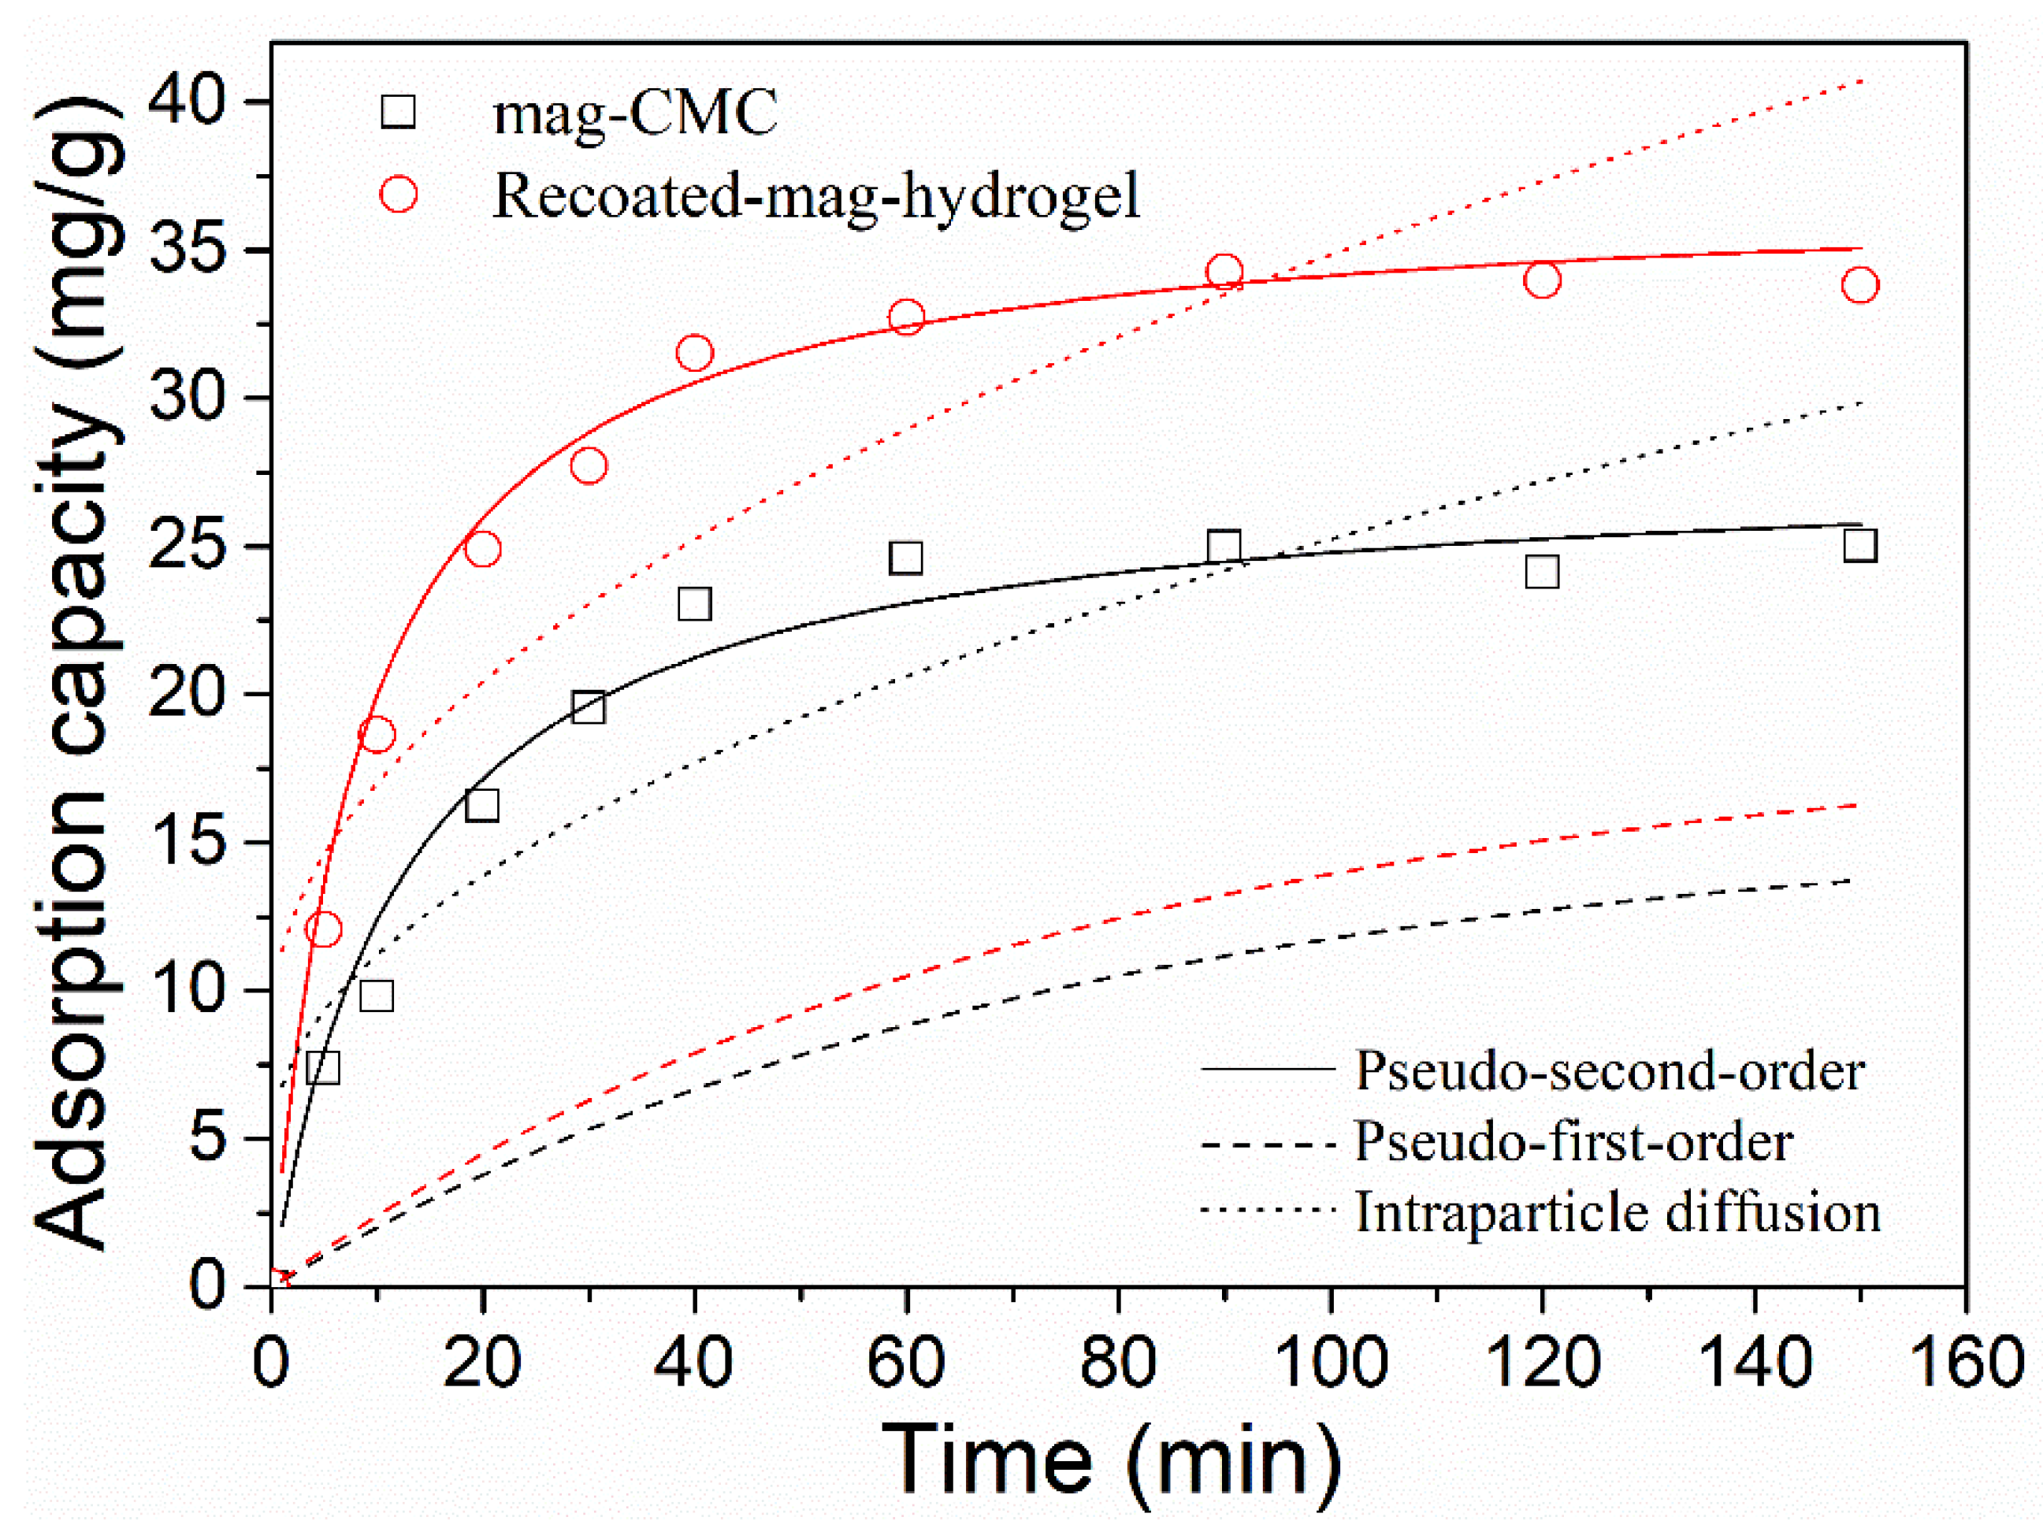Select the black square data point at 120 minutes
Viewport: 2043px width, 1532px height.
point(1541,572)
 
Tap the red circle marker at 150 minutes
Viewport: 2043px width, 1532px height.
point(1859,284)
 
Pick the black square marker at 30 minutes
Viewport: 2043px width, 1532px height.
point(589,707)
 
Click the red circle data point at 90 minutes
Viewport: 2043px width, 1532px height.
point(1224,273)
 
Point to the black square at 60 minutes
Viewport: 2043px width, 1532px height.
point(906,558)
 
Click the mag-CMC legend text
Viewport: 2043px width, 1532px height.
point(636,113)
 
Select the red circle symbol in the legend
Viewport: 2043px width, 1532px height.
point(398,194)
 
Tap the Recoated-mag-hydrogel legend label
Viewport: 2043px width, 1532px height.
point(816,196)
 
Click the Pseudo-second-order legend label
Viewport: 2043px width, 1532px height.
point(1609,1071)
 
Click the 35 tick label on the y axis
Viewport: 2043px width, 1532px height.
point(187,250)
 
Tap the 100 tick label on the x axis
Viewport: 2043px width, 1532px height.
point(1330,1363)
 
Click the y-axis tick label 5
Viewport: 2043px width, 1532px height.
point(207,1137)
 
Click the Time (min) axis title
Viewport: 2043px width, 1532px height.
point(1112,1461)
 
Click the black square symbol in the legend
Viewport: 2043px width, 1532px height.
point(398,112)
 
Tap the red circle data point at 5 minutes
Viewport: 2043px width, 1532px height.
point(323,929)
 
